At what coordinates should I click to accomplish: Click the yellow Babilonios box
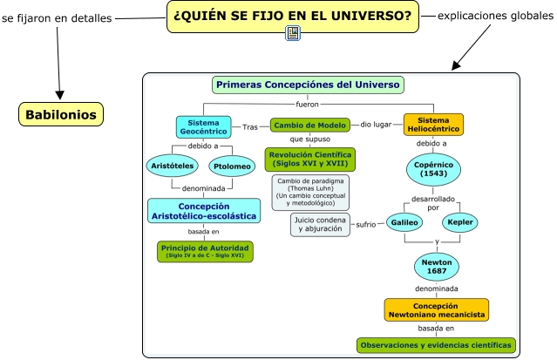pyautogui.click(x=61, y=113)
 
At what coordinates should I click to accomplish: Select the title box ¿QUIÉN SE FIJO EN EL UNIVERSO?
pyautogui.click(x=292, y=16)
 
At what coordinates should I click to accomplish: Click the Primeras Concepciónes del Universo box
pyautogui.click(x=308, y=85)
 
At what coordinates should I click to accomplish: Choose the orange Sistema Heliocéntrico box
pyautogui.click(x=433, y=125)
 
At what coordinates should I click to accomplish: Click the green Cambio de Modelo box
pyautogui.click(x=309, y=126)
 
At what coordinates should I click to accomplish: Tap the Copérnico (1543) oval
pyautogui.click(x=433, y=168)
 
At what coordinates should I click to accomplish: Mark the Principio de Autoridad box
pyautogui.click(x=206, y=251)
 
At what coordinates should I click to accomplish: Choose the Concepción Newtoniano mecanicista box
pyautogui.click(x=436, y=309)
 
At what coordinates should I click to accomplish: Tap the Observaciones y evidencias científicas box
pyautogui.click(x=436, y=345)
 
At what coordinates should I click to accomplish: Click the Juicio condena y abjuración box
pyautogui.click(x=320, y=224)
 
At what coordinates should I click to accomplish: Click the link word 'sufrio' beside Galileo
pyautogui.click(x=366, y=224)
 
